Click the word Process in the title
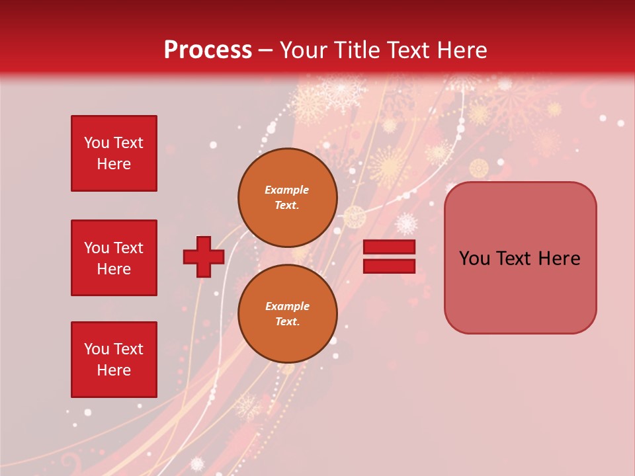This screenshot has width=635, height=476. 208,50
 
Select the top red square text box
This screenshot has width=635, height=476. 114,153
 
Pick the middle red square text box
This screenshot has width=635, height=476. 114,258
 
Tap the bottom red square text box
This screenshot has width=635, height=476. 114,360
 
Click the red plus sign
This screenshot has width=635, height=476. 204,257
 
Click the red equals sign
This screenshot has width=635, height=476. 390,257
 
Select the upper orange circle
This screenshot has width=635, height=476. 287,197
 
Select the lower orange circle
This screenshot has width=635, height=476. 287,313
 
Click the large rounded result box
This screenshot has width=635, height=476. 520,258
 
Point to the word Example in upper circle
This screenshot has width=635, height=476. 287,190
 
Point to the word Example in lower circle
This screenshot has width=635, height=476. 287,306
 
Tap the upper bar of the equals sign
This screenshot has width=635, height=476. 390,247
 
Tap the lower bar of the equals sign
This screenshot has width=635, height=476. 390,266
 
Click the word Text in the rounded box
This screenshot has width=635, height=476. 515,258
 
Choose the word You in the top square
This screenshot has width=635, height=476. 96,143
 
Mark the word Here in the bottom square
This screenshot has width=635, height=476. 114,370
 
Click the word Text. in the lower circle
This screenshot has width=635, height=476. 287,321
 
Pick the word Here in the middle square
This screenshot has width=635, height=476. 114,269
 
